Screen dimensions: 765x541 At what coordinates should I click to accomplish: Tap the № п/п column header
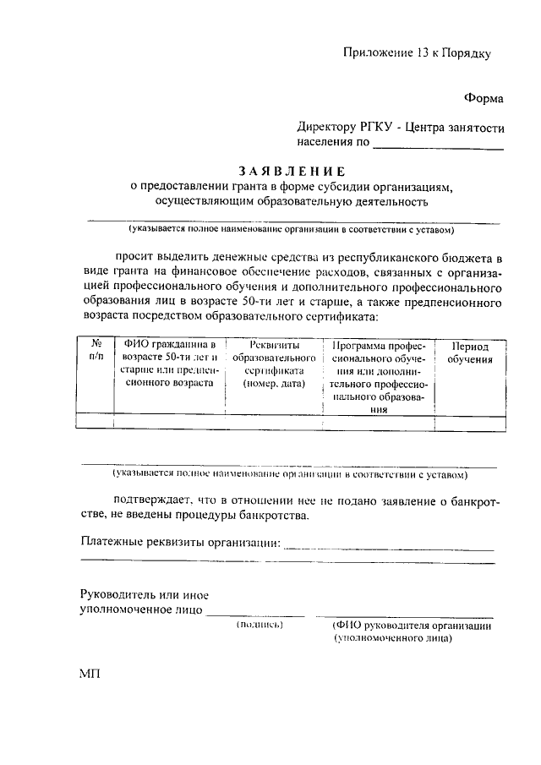pos(96,352)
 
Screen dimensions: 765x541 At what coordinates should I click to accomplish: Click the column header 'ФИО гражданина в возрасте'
pos(169,363)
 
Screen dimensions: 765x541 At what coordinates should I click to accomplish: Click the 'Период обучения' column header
pos(471,353)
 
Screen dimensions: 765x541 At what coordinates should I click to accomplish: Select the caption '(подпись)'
pos(260,625)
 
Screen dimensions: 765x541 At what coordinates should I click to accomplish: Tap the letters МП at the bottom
pos(90,675)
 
